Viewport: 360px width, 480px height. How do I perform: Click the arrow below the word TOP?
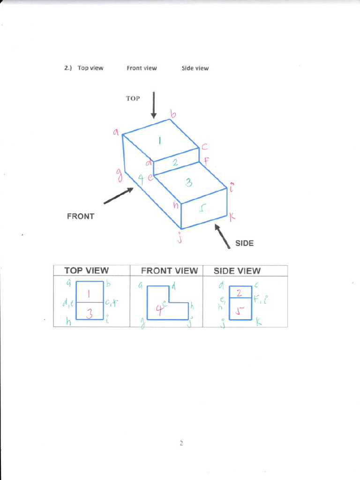(x=153, y=105)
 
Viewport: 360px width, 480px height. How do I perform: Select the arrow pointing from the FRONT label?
(x=118, y=196)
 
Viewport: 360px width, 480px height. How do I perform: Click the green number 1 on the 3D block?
(x=159, y=140)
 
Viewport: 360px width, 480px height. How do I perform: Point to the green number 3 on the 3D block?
(x=188, y=182)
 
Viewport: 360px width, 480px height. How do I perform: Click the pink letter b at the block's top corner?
(x=173, y=114)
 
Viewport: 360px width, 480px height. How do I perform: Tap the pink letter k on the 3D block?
(x=232, y=217)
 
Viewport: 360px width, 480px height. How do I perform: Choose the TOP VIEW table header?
(x=86, y=270)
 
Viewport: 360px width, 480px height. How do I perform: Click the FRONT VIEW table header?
(x=169, y=270)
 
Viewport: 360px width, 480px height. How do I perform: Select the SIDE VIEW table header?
(x=237, y=270)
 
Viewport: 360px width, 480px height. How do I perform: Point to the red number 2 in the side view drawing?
(x=239, y=293)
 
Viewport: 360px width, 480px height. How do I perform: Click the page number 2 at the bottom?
(x=180, y=443)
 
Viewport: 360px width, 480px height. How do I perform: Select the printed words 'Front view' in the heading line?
(x=142, y=68)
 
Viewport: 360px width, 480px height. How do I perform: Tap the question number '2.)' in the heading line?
(x=68, y=68)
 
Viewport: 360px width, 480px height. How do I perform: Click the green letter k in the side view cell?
(x=258, y=323)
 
